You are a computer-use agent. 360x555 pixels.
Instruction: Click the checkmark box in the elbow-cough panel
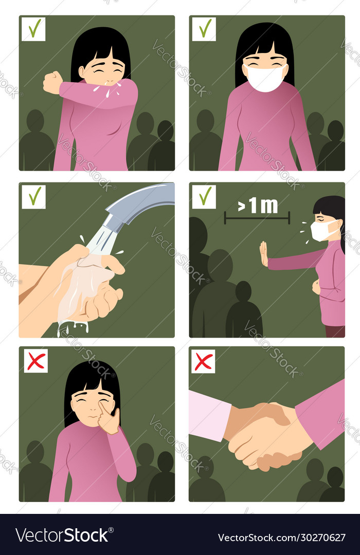(x=33, y=29)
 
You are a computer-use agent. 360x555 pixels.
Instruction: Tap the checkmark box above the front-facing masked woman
(x=204, y=29)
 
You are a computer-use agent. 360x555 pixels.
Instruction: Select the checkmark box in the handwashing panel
(x=33, y=197)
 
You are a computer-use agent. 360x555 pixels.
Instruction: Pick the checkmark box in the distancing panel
(x=204, y=197)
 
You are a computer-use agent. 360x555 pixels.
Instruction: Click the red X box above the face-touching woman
(x=36, y=361)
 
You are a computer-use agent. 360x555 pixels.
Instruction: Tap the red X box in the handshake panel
(x=204, y=361)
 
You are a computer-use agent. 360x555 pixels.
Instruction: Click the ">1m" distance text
(x=257, y=206)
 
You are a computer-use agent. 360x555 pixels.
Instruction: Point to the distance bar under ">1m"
(x=257, y=219)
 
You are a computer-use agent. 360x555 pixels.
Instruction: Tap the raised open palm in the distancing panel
(x=263, y=254)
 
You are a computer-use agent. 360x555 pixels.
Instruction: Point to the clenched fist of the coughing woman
(x=52, y=82)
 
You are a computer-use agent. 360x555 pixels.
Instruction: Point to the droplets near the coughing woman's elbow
(x=109, y=90)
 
